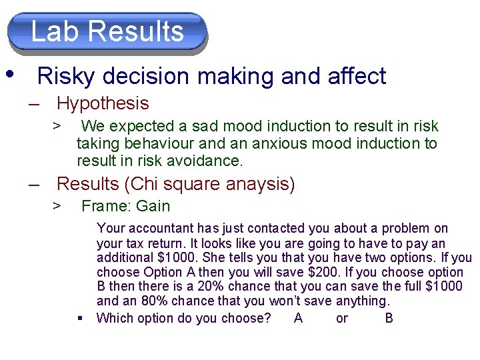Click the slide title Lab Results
[107, 31]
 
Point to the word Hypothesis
[103, 103]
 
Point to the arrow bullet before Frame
[58, 206]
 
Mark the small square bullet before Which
[80, 317]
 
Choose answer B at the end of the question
[389, 318]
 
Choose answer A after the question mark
[298, 318]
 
